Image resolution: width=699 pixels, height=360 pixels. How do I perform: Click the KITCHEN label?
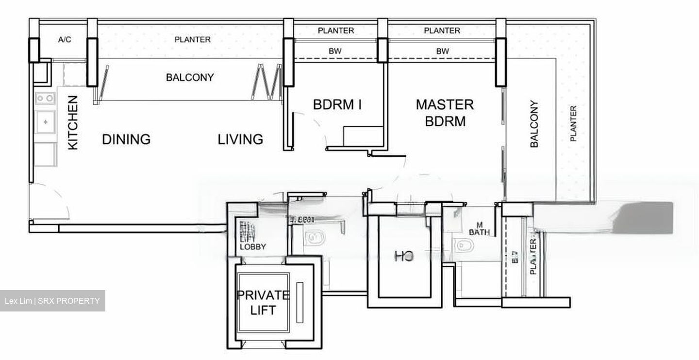tap(73, 123)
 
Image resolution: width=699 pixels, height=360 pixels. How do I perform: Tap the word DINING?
tap(126, 140)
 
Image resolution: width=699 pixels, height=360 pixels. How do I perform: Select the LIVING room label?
tap(240, 140)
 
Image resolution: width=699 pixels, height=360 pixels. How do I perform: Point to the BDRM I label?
tap(337, 105)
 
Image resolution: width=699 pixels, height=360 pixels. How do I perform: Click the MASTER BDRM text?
tap(445, 113)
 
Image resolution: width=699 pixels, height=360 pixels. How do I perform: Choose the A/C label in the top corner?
tap(65, 40)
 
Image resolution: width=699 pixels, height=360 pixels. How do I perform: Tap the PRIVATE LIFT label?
tap(263, 302)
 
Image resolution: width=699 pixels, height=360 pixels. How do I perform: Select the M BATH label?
tap(480, 229)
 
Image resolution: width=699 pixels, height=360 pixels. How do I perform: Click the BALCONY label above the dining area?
tap(190, 78)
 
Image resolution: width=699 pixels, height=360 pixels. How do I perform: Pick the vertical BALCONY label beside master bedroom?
tap(534, 124)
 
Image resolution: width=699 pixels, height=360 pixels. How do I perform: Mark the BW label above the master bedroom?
tap(442, 51)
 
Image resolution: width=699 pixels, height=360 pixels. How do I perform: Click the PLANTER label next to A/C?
tap(193, 40)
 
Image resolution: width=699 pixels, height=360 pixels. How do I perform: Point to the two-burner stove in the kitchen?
tap(45, 98)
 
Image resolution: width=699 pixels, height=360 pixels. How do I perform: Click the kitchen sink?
tap(46, 121)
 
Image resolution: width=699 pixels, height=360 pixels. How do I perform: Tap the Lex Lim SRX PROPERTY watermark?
tap(52, 301)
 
